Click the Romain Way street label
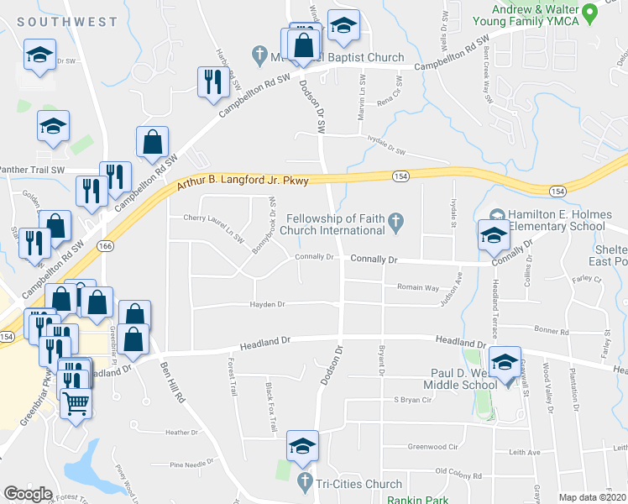[418, 287]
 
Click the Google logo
[28, 494]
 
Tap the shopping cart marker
[76, 404]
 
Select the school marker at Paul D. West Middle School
[505, 363]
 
